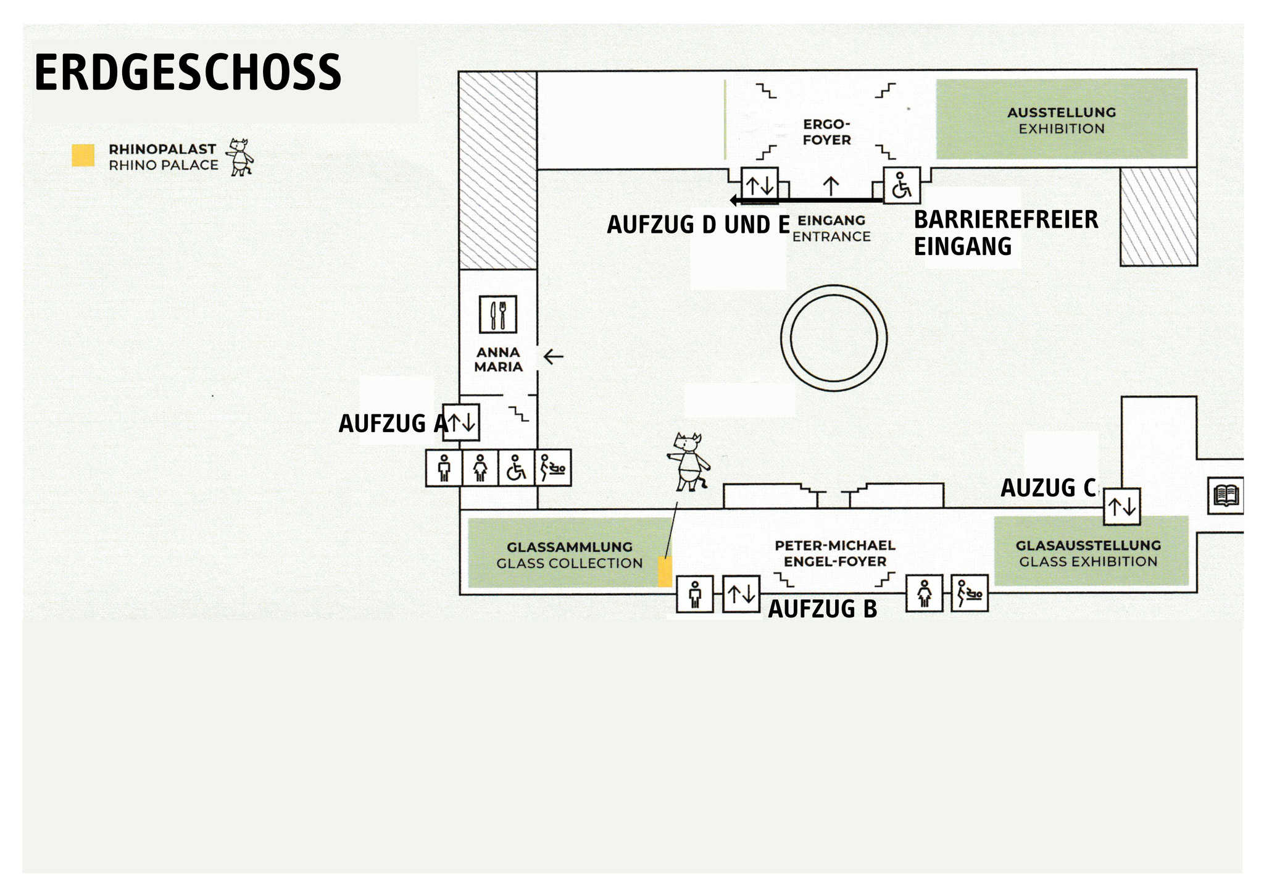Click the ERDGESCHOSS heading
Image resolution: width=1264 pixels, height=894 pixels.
coord(188,73)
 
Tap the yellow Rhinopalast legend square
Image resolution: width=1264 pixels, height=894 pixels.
coord(83,156)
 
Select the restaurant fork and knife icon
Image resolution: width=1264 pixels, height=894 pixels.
coord(497,314)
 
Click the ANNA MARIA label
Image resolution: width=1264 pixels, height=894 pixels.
coord(498,359)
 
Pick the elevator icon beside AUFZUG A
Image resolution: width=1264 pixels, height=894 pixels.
coord(462,422)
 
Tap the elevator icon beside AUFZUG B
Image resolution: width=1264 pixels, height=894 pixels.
coord(741,594)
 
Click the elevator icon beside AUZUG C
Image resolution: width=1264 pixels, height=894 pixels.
coord(1121,507)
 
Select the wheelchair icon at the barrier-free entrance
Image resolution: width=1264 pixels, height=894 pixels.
coord(902,185)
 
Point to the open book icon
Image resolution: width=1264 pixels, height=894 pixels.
coord(1226,495)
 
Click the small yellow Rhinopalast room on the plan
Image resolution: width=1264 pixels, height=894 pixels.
coord(665,571)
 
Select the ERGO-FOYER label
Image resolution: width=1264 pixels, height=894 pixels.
coord(826,132)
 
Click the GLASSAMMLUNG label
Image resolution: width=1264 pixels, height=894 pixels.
coord(569,555)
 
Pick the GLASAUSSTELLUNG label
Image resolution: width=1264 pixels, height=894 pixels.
coord(1088,553)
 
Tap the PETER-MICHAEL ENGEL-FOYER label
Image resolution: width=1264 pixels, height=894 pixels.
coord(834,553)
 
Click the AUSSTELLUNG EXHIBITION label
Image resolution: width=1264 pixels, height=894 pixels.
coord(1062,120)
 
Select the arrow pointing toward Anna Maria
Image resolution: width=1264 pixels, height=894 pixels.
coord(553,356)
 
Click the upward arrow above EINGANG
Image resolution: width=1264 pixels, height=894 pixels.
coord(831,186)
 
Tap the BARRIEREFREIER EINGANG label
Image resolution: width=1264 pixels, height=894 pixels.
coord(1005,233)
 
